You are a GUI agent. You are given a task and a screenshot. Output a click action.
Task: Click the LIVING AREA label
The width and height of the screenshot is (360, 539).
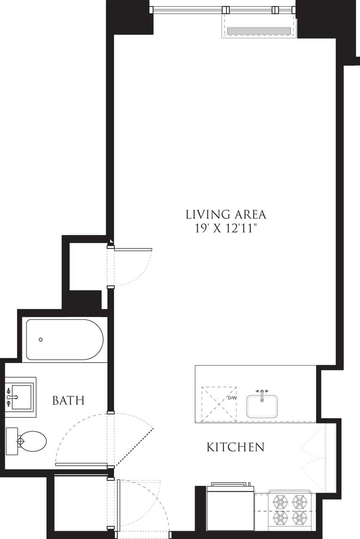pos(226,214)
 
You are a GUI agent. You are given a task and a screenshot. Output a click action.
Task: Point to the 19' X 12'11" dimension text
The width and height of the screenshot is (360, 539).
pos(226,229)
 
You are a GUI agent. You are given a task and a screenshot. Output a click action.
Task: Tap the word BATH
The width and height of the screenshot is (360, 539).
pos(68,400)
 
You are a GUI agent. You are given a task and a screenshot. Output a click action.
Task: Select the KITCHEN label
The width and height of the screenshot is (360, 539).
pos(235,447)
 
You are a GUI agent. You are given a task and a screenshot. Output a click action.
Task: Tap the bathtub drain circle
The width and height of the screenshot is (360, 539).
pos(41,339)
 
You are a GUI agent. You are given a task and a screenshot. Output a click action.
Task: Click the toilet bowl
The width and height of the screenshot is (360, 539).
pos(34,441)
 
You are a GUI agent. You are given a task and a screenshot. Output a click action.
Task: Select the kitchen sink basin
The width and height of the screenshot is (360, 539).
pos(262,407)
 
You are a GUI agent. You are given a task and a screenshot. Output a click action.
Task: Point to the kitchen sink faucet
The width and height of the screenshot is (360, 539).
pos(262,394)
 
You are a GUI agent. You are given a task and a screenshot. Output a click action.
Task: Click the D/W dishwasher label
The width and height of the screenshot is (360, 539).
pos(232,398)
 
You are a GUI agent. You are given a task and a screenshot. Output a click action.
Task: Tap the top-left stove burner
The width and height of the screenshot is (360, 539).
pos(280,502)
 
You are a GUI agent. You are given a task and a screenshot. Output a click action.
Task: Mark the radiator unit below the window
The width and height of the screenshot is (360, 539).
pos(259,30)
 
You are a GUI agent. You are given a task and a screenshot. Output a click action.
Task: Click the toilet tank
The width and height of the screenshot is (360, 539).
pos(12,441)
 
